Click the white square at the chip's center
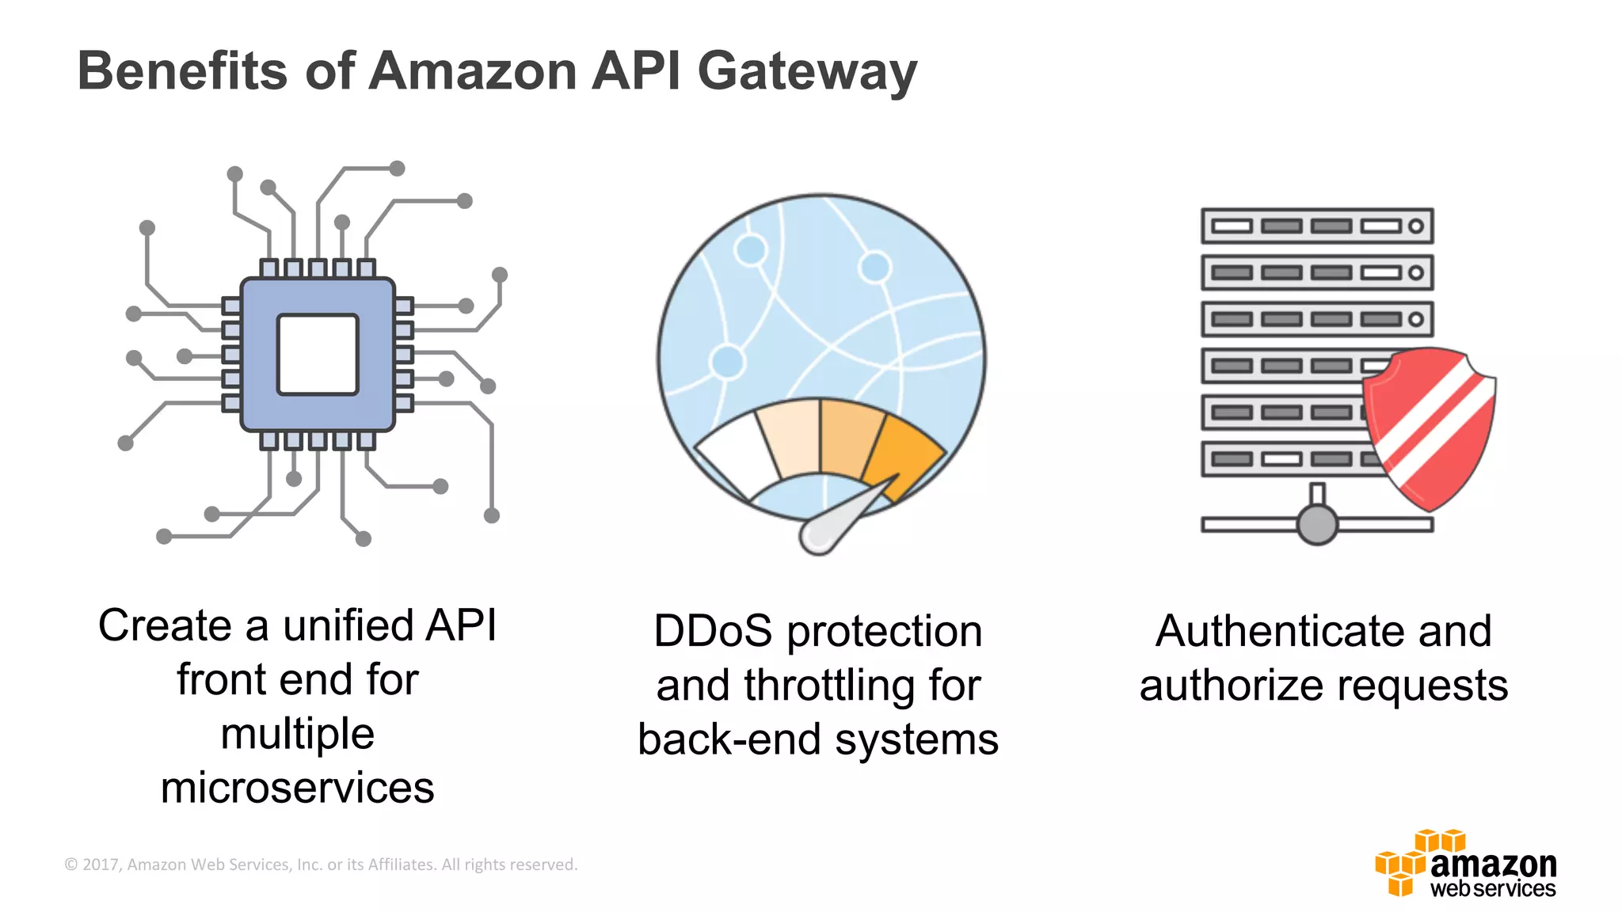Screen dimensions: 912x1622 [318, 354]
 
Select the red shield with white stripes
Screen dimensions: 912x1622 [1430, 427]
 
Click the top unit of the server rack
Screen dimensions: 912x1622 [1316, 226]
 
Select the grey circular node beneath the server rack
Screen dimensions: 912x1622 [1316, 524]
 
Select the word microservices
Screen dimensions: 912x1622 [297, 788]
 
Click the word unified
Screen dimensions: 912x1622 [348, 625]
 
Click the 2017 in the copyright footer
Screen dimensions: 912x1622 [100, 864]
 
